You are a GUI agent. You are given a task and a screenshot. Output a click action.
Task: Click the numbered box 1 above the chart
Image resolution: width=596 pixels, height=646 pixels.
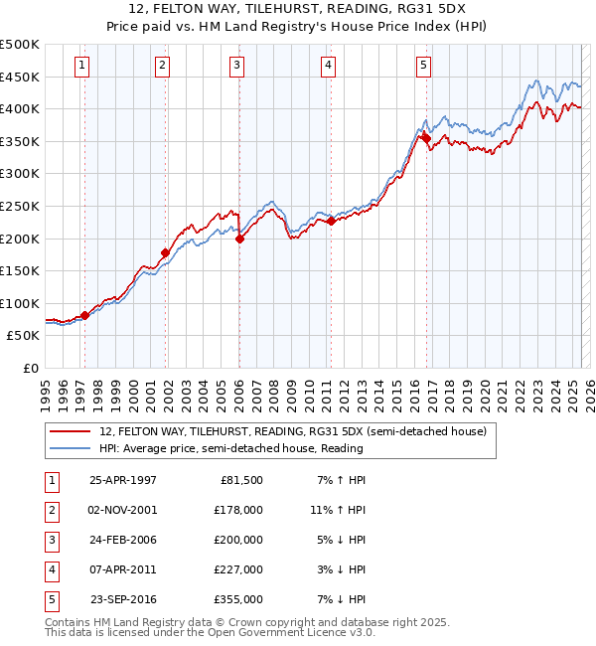point(80,67)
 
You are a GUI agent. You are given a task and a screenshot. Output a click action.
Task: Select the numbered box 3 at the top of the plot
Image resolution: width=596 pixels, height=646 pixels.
point(238,67)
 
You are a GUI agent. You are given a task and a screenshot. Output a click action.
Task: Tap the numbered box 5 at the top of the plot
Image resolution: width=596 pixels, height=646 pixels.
point(423,67)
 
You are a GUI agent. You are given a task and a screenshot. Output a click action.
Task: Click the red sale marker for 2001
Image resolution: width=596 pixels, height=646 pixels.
point(165,252)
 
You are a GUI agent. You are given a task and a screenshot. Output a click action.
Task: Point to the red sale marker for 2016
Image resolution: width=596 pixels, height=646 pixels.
point(426,138)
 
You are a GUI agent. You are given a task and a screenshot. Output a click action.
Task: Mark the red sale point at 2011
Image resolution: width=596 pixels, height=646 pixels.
point(331,221)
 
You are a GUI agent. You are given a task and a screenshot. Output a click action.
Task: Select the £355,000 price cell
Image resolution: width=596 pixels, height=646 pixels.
point(238,599)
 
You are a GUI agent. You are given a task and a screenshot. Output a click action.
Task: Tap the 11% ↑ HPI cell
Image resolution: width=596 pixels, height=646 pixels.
point(338,510)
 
